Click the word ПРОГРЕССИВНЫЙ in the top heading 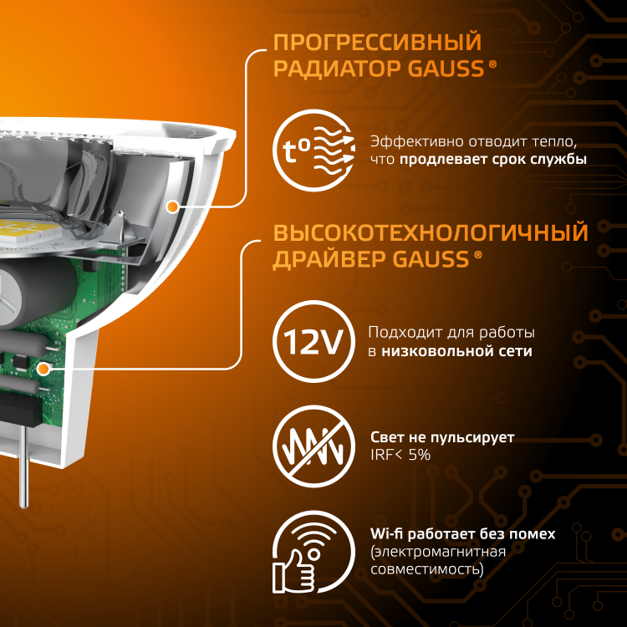[x=378, y=43]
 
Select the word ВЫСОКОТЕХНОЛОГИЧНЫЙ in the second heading [x=431, y=232]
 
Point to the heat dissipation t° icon [x=313, y=150]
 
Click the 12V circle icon [x=313, y=341]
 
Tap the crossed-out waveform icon [x=313, y=446]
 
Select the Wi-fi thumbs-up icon [x=313, y=553]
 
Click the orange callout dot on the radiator [x=172, y=206]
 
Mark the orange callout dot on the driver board [x=43, y=369]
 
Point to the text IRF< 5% [x=400, y=455]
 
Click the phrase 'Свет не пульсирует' [x=442, y=437]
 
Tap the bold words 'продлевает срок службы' [x=493, y=159]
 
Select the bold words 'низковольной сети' [x=456, y=351]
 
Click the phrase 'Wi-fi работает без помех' [x=462, y=534]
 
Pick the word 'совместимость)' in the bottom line [x=427, y=569]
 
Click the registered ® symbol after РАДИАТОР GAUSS [x=492, y=64]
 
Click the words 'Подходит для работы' [x=451, y=333]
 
